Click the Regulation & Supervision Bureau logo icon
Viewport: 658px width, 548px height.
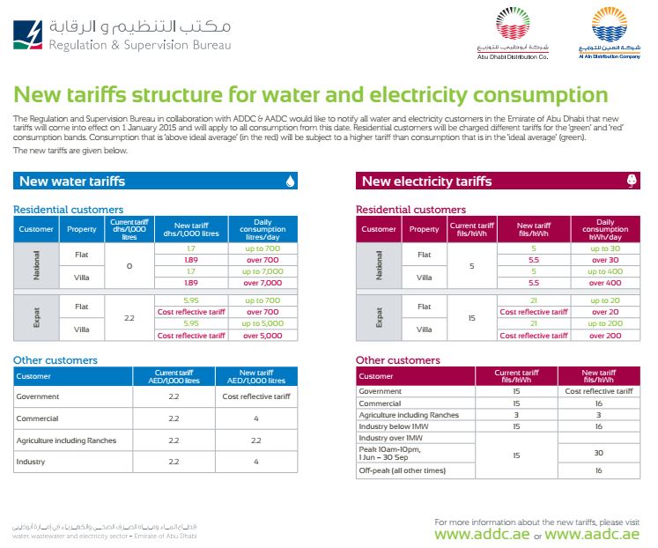(x=29, y=33)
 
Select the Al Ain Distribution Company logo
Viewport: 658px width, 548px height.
(x=610, y=28)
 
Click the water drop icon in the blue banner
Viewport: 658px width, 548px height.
(x=290, y=181)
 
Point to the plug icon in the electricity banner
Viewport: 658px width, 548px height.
(x=631, y=181)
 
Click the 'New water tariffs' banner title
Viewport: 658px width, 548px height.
(x=72, y=181)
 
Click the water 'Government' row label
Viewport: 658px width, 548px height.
(x=38, y=397)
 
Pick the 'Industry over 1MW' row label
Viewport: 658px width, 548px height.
(x=390, y=438)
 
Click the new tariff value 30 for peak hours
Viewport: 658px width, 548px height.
(x=598, y=454)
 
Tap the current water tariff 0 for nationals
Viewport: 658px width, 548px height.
(x=129, y=266)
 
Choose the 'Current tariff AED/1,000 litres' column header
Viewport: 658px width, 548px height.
(x=173, y=377)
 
